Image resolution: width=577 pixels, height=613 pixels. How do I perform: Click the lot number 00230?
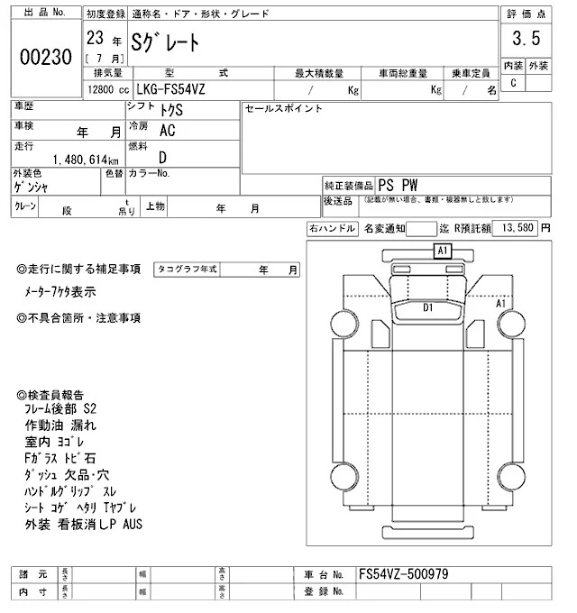tap(44, 57)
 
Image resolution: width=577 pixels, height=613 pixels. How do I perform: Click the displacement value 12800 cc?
tap(107, 90)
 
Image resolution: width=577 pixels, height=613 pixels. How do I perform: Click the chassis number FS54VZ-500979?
tap(403, 573)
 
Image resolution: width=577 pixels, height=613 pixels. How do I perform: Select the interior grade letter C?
tap(514, 83)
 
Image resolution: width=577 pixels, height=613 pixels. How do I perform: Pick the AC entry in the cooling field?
tap(167, 130)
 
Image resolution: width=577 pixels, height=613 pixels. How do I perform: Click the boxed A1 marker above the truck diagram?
tap(443, 252)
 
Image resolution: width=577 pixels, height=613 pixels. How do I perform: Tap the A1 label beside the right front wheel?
tap(502, 304)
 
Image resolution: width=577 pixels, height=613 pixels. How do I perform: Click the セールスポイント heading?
tap(282, 108)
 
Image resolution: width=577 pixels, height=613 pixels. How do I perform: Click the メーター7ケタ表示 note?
tap(60, 293)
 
